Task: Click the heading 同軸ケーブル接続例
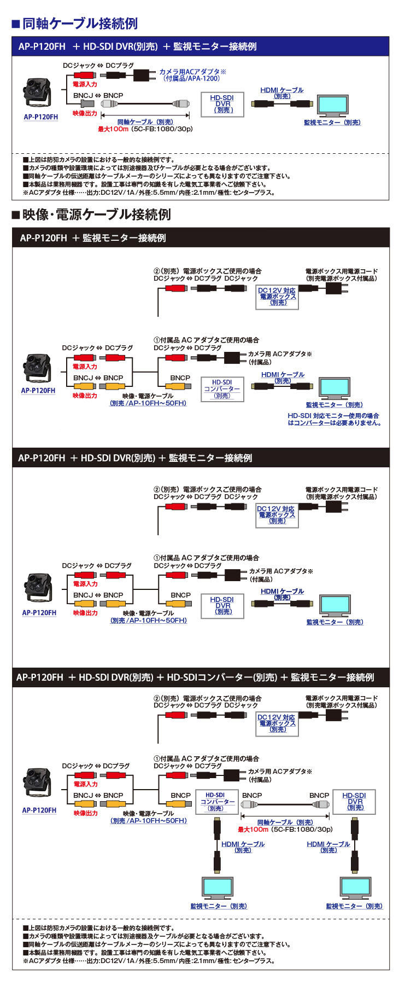pyautogui.click(x=80, y=24)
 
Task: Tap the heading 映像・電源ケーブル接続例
pyautogui.click(x=96, y=215)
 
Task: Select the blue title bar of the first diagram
pyautogui.click(x=200, y=47)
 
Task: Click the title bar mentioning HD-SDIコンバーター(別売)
pyautogui.click(x=200, y=677)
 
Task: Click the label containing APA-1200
pyautogui.click(x=192, y=75)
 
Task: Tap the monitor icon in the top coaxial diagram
pyautogui.click(x=332, y=105)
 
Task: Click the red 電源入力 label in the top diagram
pyautogui.click(x=85, y=84)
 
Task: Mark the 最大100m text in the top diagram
pyautogui.click(x=113, y=129)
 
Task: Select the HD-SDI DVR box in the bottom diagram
pyautogui.click(x=355, y=801)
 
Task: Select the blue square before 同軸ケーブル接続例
pyautogui.click(x=16, y=24)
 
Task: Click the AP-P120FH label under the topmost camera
pyautogui.click(x=40, y=117)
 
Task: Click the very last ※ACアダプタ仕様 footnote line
pyautogui.click(x=149, y=960)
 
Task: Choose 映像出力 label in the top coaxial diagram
pyautogui.click(x=85, y=113)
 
